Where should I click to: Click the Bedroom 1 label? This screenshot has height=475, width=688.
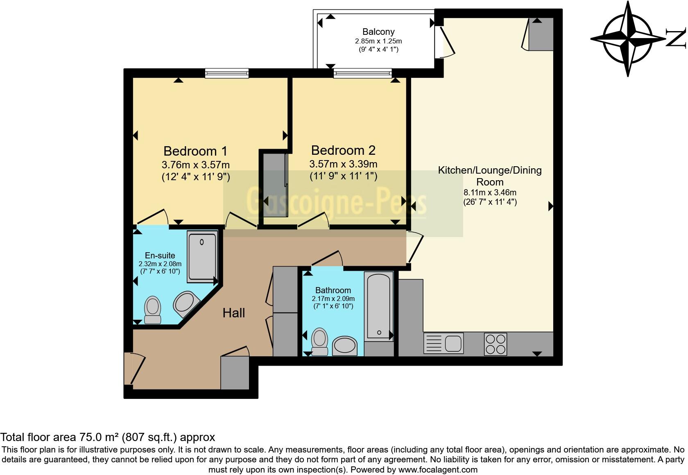pyautogui.click(x=195, y=151)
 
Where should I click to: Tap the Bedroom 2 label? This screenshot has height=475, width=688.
pyautogui.click(x=343, y=150)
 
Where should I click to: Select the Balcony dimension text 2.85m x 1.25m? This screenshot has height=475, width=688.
pyautogui.click(x=378, y=41)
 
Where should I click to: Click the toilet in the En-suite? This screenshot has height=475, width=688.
pyautogui.click(x=153, y=310)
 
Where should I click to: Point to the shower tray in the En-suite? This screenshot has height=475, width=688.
pyautogui.click(x=202, y=257)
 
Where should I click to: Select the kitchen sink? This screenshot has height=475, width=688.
pyautogui.click(x=444, y=342)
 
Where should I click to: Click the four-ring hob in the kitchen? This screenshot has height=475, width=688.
pyautogui.click(x=496, y=344)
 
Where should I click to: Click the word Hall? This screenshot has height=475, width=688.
pyautogui.click(x=233, y=313)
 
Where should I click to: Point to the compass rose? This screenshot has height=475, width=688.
pyautogui.click(x=628, y=38)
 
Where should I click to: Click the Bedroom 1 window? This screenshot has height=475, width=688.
pyautogui.click(x=227, y=73)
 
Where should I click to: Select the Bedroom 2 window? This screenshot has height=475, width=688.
pyautogui.click(x=362, y=73)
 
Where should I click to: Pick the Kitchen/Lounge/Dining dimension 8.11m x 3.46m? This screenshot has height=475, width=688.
pyautogui.click(x=490, y=192)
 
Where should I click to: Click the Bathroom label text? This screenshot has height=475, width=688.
pyautogui.click(x=333, y=290)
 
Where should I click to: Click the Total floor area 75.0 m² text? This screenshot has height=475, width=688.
pyautogui.click(x=108, y=437)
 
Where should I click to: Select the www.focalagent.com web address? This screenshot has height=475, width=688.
pyautogui.click(x=438, y=470)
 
